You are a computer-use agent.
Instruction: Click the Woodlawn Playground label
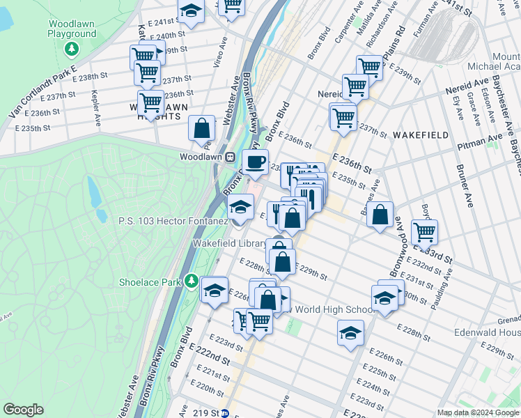click(x=72, y=29)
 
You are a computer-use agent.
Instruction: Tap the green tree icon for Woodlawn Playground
click(x=71, y=49)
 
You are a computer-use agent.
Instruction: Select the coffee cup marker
click(x=255, y=162)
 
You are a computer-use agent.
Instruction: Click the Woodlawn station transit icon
click(x=229, y=156)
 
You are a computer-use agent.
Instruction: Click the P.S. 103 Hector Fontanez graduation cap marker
click(x=241, y=207)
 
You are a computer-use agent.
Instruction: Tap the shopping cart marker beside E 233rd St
click(x=424, y=231)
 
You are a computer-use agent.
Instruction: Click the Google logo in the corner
click(x=23, y=410)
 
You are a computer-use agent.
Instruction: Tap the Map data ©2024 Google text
click(x=478, y=412)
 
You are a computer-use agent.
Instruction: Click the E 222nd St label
click(x=212, y=358)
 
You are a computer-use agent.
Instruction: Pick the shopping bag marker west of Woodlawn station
click(x=202, y=128)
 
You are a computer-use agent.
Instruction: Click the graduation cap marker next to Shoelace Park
click(x=215, y=289)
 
